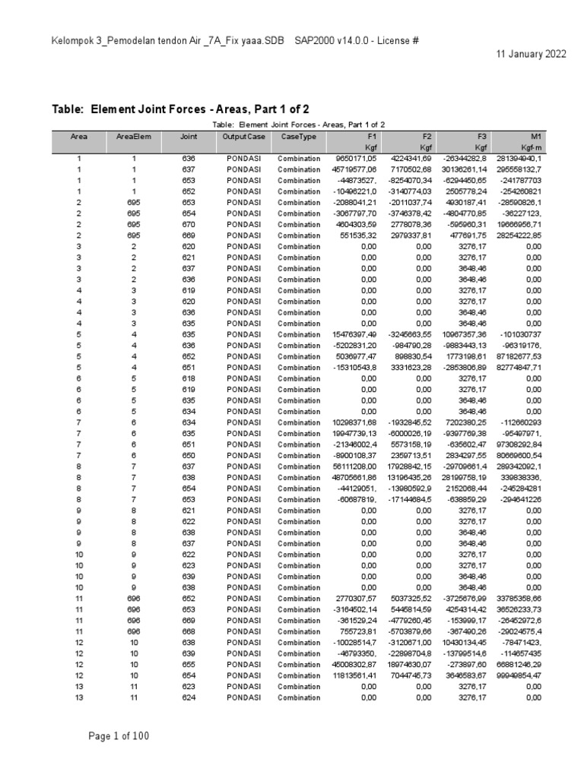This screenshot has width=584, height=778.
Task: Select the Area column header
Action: point(78,137)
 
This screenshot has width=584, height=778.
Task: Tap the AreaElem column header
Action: point(132,137)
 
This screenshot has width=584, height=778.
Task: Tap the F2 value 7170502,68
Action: point(411,169)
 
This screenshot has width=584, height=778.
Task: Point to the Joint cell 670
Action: point(188,225)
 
